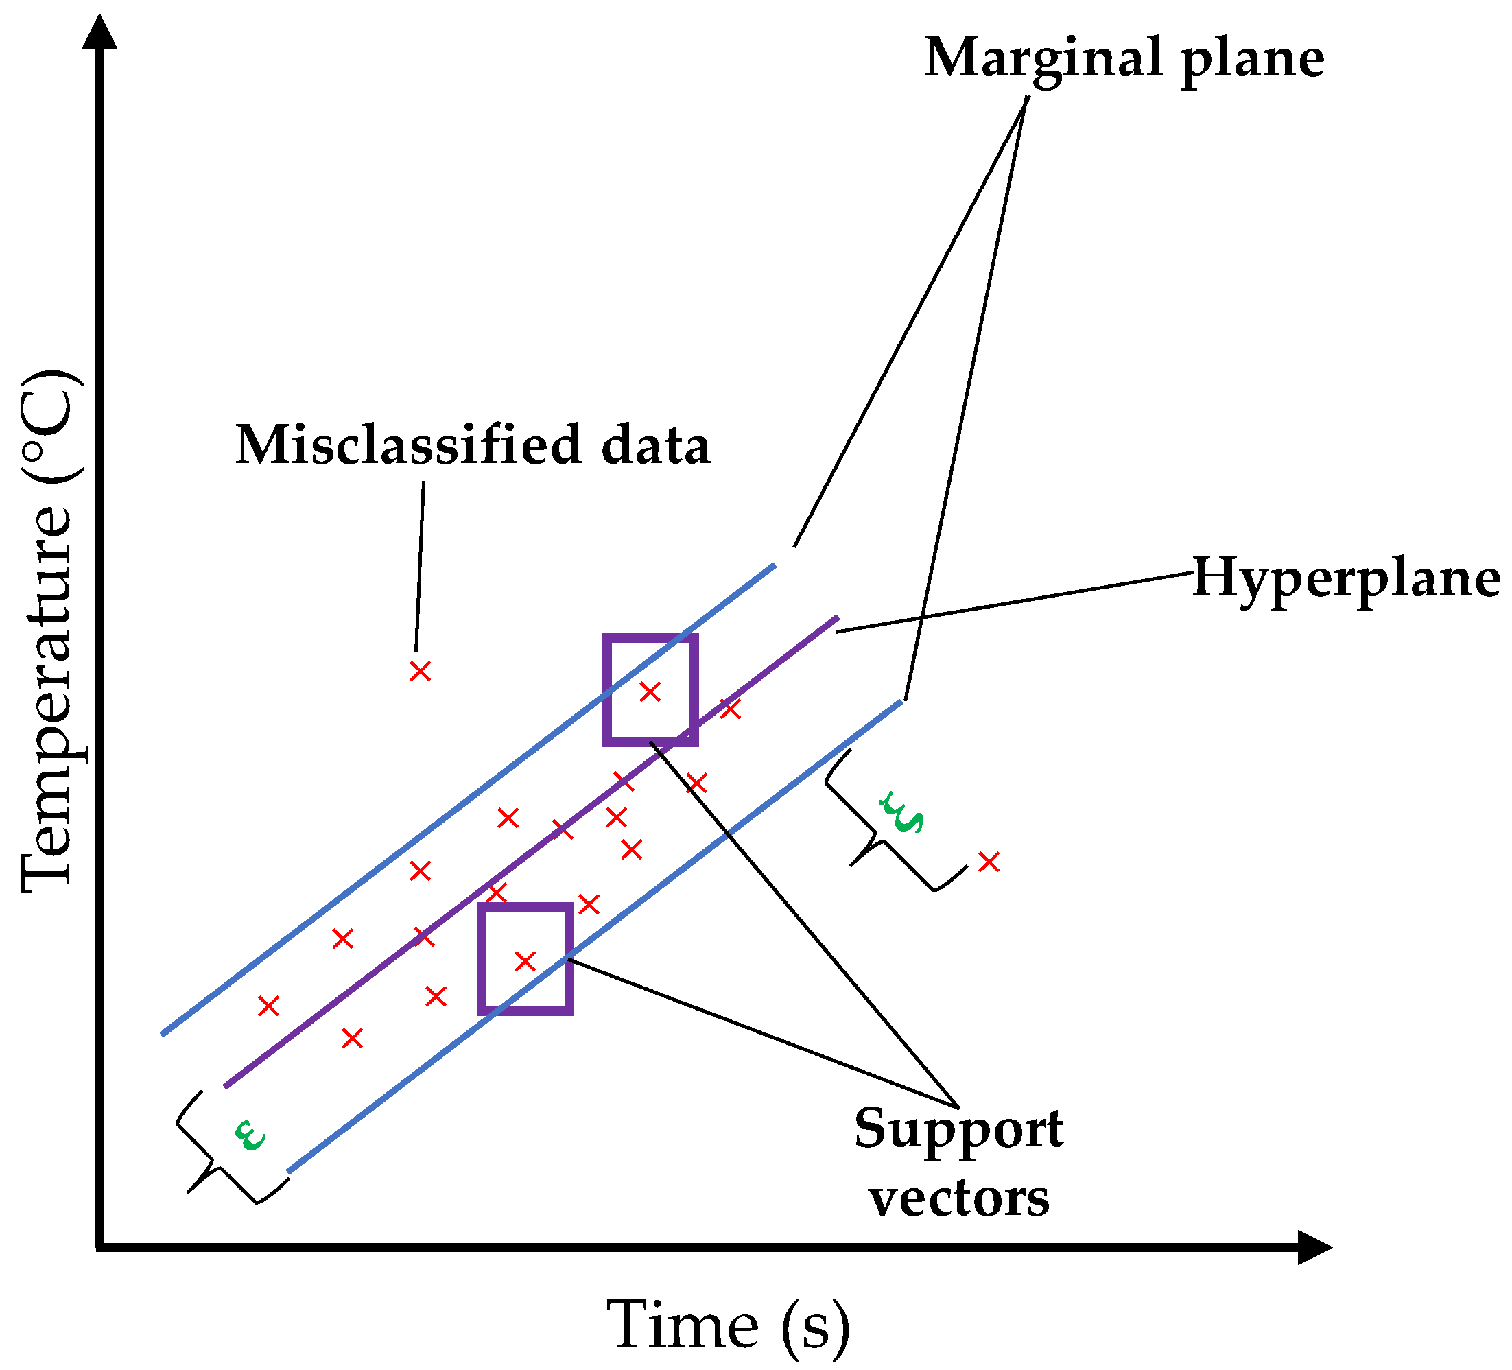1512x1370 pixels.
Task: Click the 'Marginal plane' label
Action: pyautogui.click(x=1124, y=58)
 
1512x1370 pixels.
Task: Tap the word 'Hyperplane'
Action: pyautogui.click(x=1345, y=579)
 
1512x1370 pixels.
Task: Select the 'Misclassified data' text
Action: pyautogui.click(x=473, y=445)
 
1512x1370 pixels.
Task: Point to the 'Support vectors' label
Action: pyautogui.click(x=958, y=1161)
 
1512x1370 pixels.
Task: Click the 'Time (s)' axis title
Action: pyautogui.click(x=727, y=1325)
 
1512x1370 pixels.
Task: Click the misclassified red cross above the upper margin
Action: pyautogui.click(x=420, y=671)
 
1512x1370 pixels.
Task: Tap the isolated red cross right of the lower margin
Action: pyautogui.click(x=989, y=862)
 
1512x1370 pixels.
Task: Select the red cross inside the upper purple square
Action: pyautogui.click(x=650, y=692)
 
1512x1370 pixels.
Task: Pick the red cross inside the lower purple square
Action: pyautogui.click(x=525, y=960)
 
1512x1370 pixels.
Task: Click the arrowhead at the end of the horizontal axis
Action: pyautogui.click(x=1314, y=1248)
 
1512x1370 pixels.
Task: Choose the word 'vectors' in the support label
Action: pyautogui.click(x=959, y=1198)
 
